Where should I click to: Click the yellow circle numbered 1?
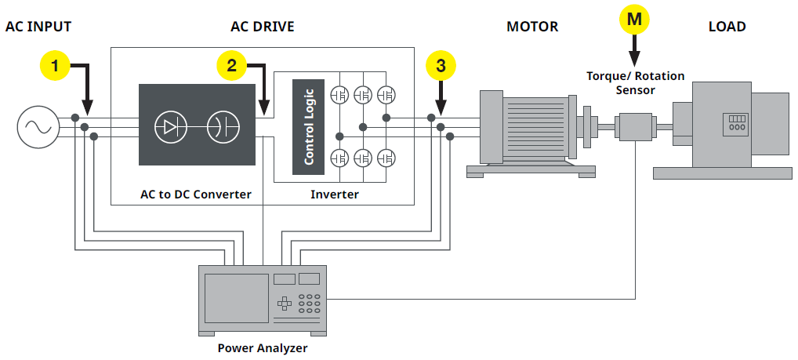pyautogui.click(x=54, y=66)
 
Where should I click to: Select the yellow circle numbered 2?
pyautogui.click(x=231, y=66)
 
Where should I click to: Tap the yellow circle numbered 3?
pyautogui.click(x=441, y=66)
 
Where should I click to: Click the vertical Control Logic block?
pyautogui.click(x=308, y=125)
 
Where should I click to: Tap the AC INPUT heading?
pyautogui.click(x=38, y=27)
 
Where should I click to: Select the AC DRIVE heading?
pyautogui.click(x=262, y=27)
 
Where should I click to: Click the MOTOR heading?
pyautogui.click(x=532, y=27)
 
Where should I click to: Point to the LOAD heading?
pyautogui.click(x=727, y=27)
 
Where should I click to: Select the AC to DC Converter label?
pyautogui.click(x=195, y=194)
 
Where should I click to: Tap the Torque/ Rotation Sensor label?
pyautogui.click(x=635, y=83)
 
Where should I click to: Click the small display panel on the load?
pyautogui.click(x=736, y=123)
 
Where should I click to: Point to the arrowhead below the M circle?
pyautogui.click(x=634, y=59)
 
